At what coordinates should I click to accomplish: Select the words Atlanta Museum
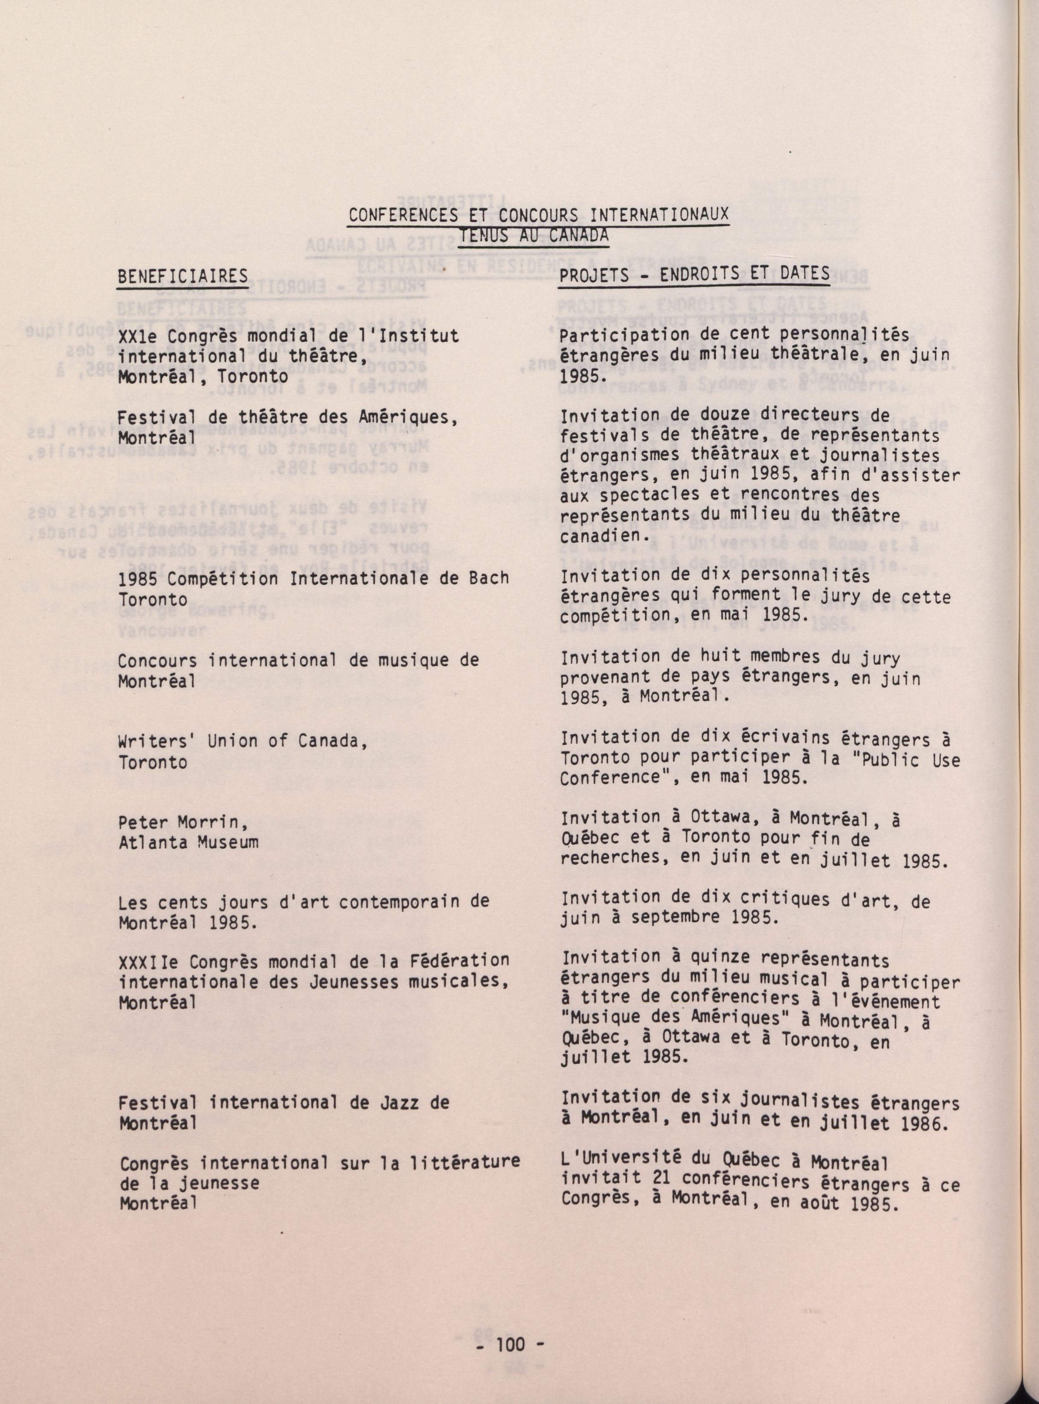189,842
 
